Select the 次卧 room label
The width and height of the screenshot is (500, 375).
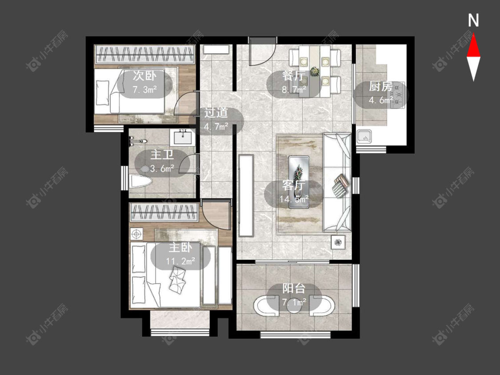144,76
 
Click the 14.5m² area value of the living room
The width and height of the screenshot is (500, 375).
294,199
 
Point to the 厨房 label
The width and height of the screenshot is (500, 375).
380,86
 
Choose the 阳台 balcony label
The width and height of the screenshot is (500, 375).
294,289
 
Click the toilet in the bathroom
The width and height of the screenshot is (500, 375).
140,181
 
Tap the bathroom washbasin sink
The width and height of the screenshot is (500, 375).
182,137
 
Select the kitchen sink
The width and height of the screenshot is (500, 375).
364,137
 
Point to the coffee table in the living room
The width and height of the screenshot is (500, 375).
299,182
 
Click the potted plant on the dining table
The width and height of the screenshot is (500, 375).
315,71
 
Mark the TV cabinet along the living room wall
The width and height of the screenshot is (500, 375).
246,195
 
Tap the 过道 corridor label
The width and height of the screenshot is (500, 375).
216,112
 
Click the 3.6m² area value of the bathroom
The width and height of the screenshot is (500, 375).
162,168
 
